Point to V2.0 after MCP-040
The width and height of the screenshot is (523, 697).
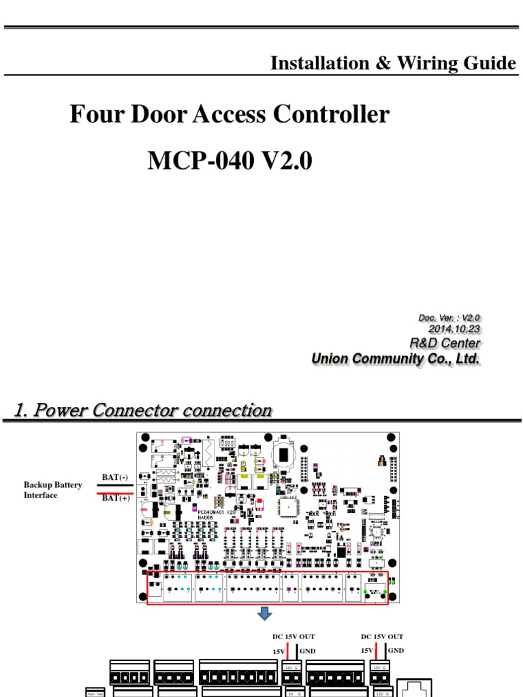point(285,161)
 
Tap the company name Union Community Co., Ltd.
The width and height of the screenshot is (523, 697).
point(396,359)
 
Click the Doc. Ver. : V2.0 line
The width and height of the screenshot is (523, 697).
point(449,317)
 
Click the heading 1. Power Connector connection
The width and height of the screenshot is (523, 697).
point(142,410)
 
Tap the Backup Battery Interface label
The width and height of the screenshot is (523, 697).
point(53,490)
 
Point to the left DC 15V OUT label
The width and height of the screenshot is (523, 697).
point(294,636)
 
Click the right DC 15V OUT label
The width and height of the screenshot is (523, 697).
point(382,636)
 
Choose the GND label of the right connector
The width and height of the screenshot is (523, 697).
point(396,651)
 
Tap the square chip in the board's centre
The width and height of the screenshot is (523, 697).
point(286,506)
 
